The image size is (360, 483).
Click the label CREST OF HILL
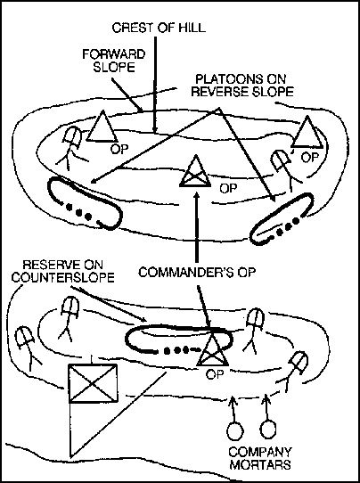[159, 28]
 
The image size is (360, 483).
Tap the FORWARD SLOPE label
[114, 61]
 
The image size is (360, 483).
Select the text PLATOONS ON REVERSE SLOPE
[242, 86]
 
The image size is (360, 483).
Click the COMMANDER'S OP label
[197, 273]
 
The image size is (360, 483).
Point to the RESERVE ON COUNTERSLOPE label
[63, 271]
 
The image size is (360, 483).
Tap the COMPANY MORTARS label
[260, 458]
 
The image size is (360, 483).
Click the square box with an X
[93, 383]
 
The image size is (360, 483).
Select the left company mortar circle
[235, 430]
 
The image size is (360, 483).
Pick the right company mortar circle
[267, 430]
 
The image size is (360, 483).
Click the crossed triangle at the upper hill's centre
[195, 171]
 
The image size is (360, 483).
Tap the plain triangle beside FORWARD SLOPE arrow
[102, 127]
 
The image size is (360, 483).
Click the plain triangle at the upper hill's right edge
[307, 132]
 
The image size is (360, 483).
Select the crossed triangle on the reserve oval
[213, 349]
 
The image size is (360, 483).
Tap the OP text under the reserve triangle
[215, 374]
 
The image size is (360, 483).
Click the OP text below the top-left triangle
[119, 149]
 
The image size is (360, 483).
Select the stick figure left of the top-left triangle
[71, 148]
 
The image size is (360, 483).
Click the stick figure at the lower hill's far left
[28, 348]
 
